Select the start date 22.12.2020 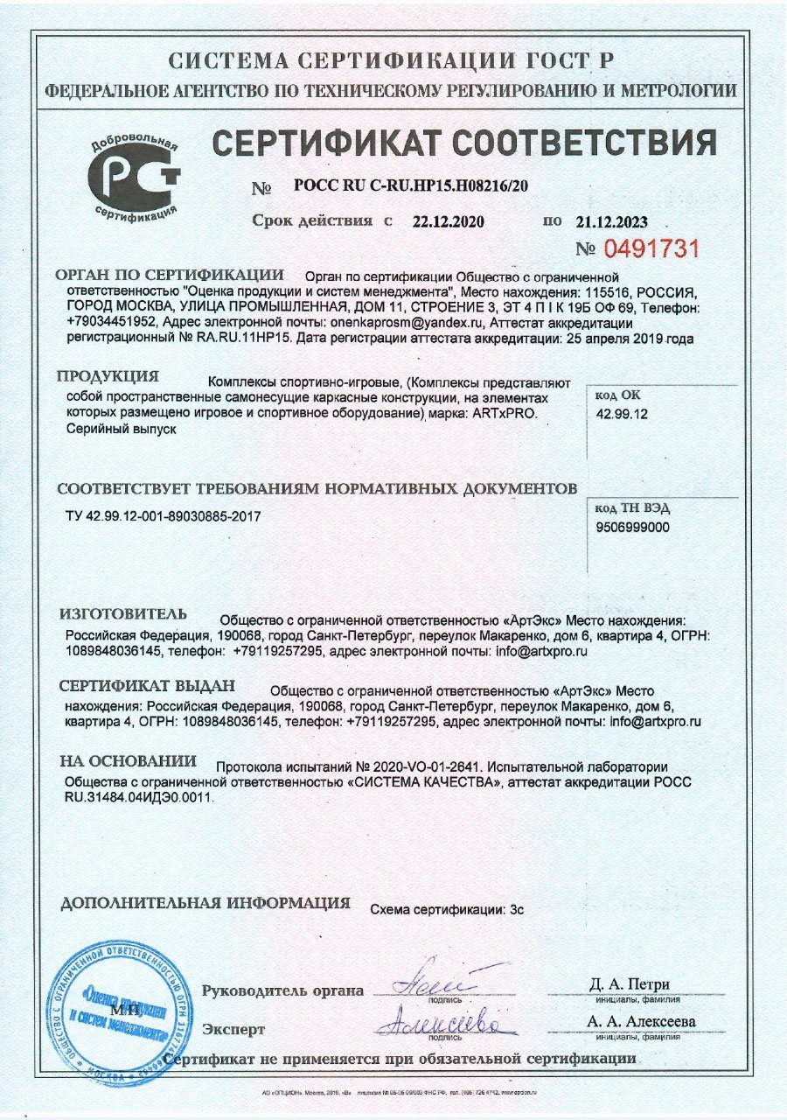click(448, 221)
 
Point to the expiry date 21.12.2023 click(612, 222)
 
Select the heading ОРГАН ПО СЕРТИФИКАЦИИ click(171, 275)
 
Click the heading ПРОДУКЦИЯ click(108, 377)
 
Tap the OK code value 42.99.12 click(622, 415)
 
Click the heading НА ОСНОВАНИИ click(128, 761)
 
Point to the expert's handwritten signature click(444, 1021)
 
